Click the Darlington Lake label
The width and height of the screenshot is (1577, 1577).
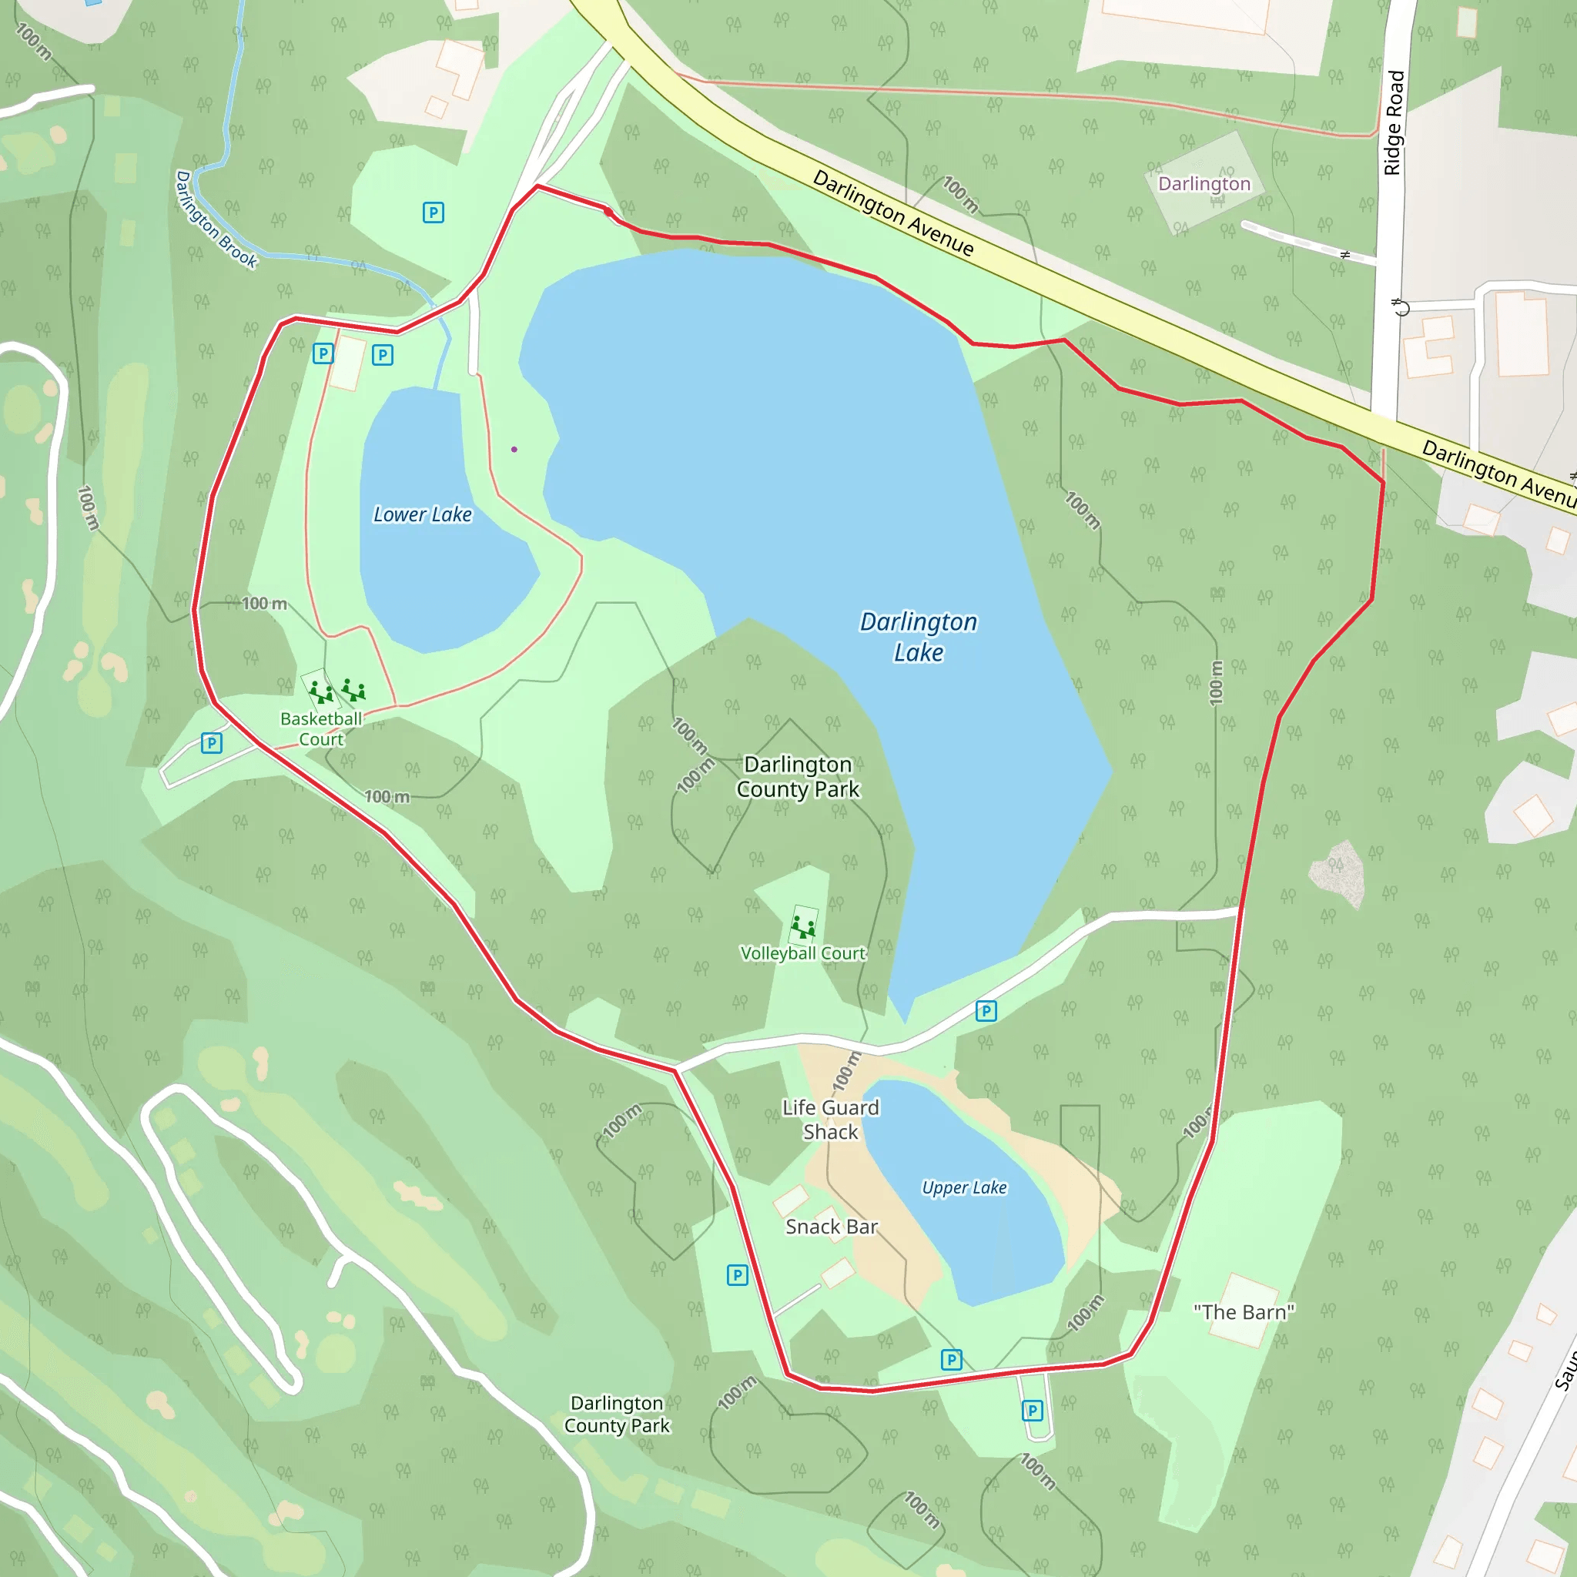919,637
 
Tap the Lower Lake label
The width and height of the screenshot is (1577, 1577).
422,514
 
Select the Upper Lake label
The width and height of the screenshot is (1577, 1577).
964,1187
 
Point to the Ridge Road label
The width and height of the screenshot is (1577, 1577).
1393,122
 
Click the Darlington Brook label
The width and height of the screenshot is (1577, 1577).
216,219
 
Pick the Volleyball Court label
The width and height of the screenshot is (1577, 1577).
802,953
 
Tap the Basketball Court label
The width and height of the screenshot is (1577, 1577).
321,729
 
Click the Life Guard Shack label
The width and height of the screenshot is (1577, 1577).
831,1119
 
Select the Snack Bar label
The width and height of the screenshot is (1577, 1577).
831,1227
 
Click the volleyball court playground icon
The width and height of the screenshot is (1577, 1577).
803,927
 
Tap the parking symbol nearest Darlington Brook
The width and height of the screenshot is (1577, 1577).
434,213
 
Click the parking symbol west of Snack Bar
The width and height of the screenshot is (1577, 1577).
737,1275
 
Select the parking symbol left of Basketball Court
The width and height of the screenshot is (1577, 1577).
212,743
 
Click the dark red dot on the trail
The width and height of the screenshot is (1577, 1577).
608,213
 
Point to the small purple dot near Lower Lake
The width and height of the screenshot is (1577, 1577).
514,449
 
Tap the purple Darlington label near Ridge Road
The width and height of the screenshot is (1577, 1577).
1204,184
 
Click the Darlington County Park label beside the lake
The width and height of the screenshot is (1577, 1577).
798,776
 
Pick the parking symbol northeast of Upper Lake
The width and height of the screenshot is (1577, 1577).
986,1011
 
